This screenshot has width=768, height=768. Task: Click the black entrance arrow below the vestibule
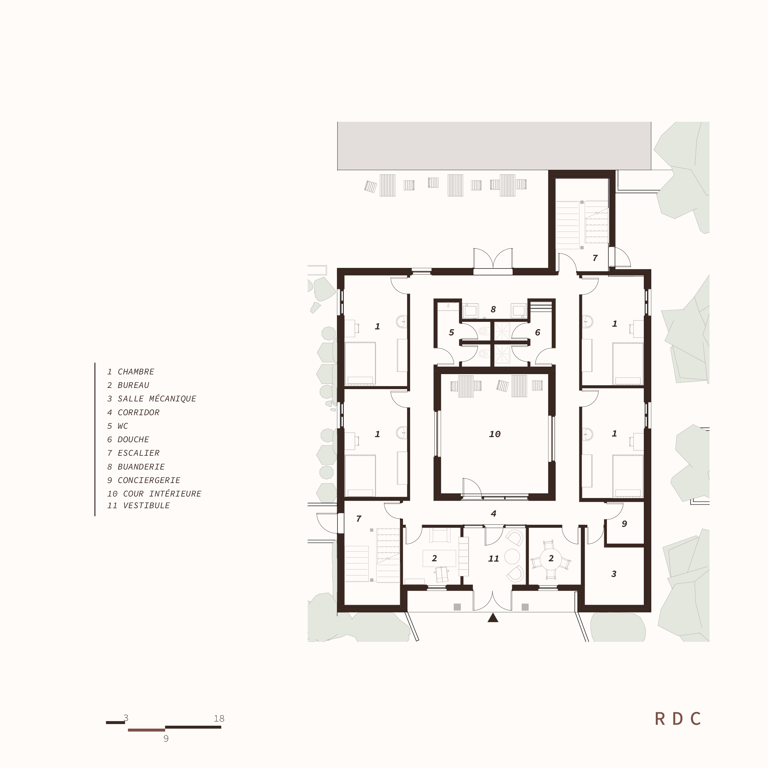pyautogui.click(x=493, y=618)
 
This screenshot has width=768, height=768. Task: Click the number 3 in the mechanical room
pyautogui.click(x=614, y=574)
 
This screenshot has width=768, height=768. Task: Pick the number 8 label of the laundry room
pyautogui.click(x=493, y=309)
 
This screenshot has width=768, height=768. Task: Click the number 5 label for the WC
pyautogui.click(x=451, y=332)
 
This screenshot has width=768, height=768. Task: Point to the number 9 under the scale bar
pyautogui.click(x=166, y=739)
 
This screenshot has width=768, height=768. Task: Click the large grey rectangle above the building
pyautogui.click(x=494, y=146)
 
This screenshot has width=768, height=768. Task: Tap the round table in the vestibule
pyautogui.click(x=512, y=556)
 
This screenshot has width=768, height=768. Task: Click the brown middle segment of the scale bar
pyautogui.click(x=146, y=730)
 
